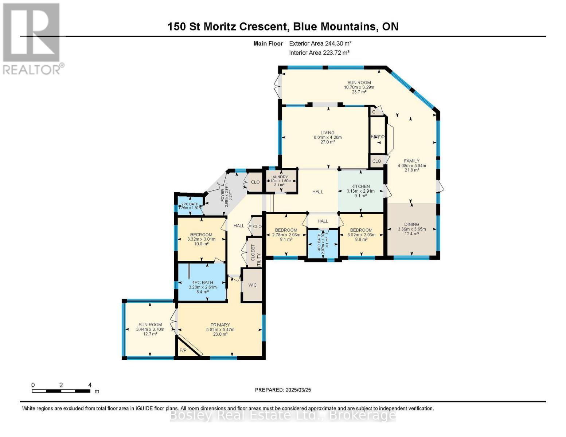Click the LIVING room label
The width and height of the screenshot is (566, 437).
tap(327, 133)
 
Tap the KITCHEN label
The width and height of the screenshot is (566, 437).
tap(360, 186)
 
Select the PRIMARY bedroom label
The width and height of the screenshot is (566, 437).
tap(220, 325)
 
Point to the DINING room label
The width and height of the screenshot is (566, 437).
tap(411, 224)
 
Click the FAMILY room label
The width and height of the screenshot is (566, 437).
tap(411, 161)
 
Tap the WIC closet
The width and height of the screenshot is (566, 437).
tap(252, 285)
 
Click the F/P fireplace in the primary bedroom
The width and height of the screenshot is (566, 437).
tap(183, 350)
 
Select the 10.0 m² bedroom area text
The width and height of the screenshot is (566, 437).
tap(201, 244)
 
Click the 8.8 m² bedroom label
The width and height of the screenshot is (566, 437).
tap(361, 240)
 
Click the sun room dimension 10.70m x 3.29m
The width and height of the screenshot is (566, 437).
tap(359, 87)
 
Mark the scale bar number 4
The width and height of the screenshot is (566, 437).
tap(90, 385)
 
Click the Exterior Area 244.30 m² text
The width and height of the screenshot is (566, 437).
tap(320, 43)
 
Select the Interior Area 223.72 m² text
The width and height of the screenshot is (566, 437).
tap(319, 52)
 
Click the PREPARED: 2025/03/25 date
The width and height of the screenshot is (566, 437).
tap(283, 390)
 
